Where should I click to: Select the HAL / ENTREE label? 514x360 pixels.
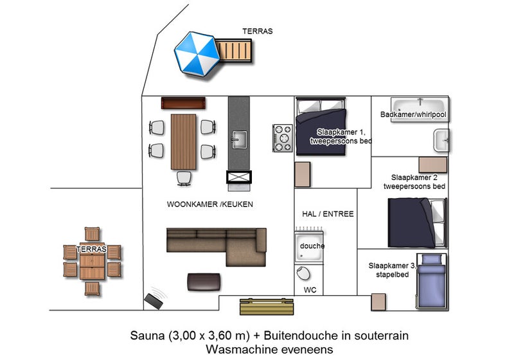click(328, 213)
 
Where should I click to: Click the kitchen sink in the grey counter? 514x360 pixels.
click(240, 138)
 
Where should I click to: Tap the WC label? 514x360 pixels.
click(310, 290)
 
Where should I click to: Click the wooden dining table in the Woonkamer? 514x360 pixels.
click(183, 140)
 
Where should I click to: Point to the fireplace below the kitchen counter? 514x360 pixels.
click(239, 177)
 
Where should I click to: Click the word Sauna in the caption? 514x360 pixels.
click(147, 336)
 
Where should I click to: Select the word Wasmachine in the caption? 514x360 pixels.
click(234, 350)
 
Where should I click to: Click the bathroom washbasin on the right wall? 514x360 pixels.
click(441, 141)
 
